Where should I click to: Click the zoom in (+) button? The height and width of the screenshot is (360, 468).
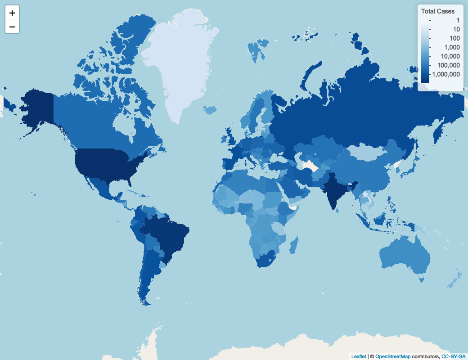click(12, 13)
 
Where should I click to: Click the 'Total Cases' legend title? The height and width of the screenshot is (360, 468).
click(437, 11)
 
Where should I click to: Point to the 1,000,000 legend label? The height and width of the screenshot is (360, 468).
click(445, 74)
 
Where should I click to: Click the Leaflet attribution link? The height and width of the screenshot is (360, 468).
click(359, 356)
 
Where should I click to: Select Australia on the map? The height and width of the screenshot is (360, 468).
click(403, 256)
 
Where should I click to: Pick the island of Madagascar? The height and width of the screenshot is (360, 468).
click(294, 245)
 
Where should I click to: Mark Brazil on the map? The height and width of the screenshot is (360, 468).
click(169, 234)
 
